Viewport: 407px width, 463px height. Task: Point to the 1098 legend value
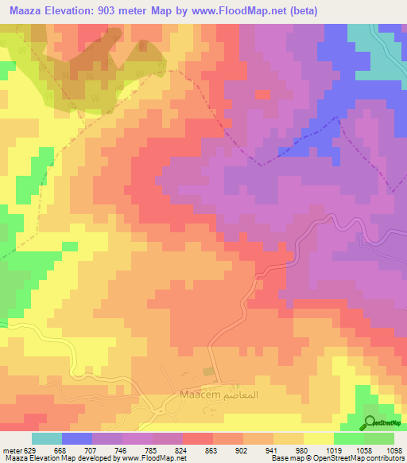(x=395, y=449)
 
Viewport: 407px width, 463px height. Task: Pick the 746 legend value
(x=121, y=449)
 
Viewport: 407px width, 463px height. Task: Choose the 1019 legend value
(x=334, y=449)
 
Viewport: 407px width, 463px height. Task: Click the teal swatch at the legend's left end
(x=46, y=438)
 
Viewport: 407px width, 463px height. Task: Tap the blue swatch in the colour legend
(x=76, y=438)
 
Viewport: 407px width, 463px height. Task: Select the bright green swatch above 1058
(x=349, y=438)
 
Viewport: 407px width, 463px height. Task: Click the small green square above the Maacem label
(x=209, y=372)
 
